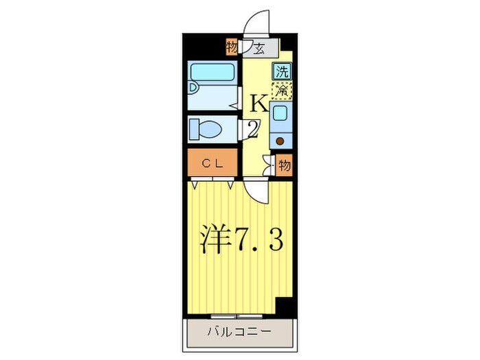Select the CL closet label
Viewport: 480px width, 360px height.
click(213, 163)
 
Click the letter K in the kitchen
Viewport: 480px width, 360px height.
click(259, 104)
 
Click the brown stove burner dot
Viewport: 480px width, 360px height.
click(280, 141)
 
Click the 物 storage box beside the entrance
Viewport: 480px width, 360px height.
click(232, 48)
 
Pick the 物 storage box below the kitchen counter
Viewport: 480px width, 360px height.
click(285, 165)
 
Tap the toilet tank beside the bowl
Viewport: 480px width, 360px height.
click(193, 128)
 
